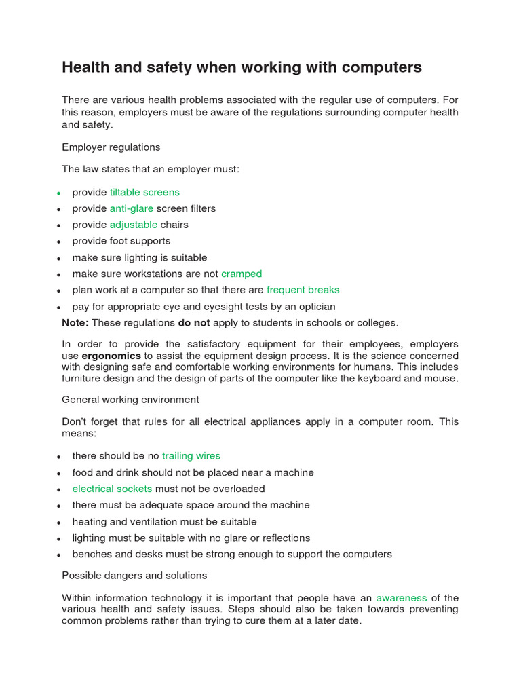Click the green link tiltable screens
[144, 192]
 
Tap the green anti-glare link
[132, 208]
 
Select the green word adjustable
[134, 225]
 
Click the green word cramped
[242, 274]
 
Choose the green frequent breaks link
[303, 290]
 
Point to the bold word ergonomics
[111, 356]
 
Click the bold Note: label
[75, 322]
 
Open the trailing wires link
[191, 456]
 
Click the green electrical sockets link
[113, 489]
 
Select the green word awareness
[402, 598]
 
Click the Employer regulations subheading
[111, 147]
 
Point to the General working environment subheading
[130, 400]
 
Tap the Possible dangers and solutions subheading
[134, 575]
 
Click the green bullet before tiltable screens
[60, 193]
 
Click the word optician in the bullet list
[315, 306]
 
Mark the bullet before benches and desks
[60, 555]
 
